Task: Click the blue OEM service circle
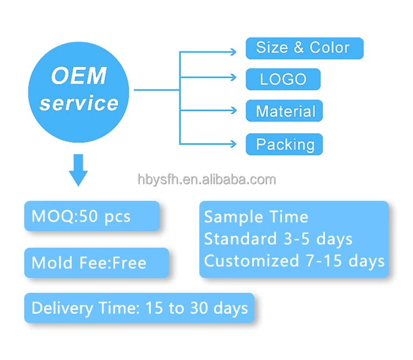(x=78, y=90)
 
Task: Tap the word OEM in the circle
(x=79, y=75)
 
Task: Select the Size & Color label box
(x=304, y=47)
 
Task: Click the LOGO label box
(x=282, y=79)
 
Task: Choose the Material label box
(x=284, y=111)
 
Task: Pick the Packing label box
(x=284, y=145)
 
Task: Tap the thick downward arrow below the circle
(x=78, y=169)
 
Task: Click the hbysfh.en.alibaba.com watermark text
(x=206, y=179)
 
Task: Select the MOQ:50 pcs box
(x=91, y=216)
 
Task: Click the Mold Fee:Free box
(x=96, y=263)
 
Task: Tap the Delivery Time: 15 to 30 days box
(x=139, y=308)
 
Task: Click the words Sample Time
(x=256, y=217)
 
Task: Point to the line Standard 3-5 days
(x=278, y=239)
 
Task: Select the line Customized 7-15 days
(x=294, y=261)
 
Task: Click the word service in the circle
(x=79, y=103)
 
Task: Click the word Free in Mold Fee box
(x=129, y=263)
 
